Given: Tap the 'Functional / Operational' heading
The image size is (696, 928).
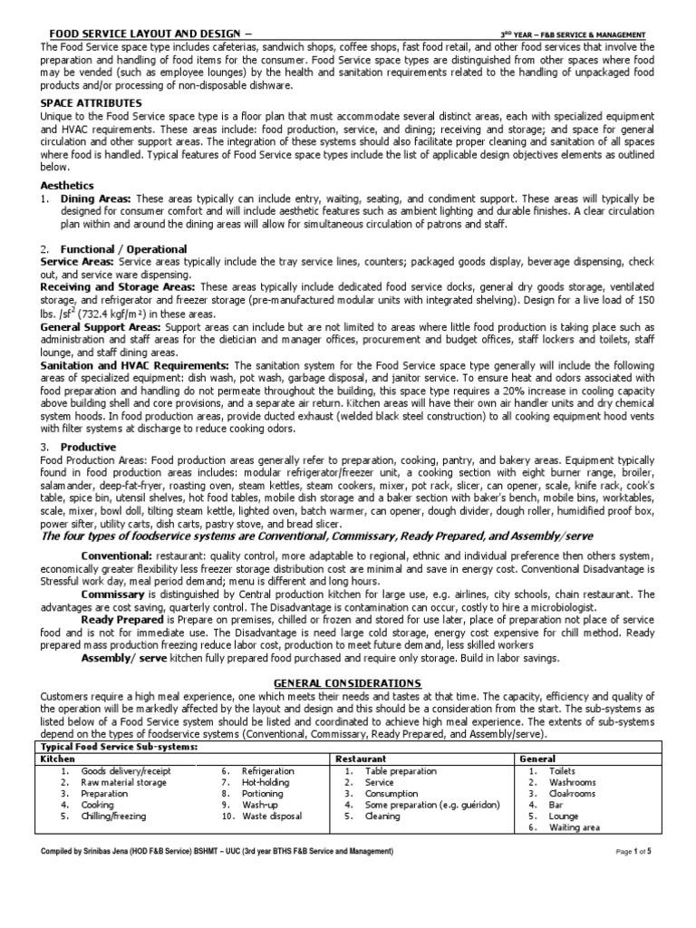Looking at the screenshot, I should click(x=123, y=248).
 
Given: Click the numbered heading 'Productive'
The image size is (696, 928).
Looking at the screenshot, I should click(x=88, y=448).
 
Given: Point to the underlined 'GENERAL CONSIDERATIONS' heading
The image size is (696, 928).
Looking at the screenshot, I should click(x=348, y=681).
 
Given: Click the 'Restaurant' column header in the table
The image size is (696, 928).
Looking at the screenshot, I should click(x=361, y=758).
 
